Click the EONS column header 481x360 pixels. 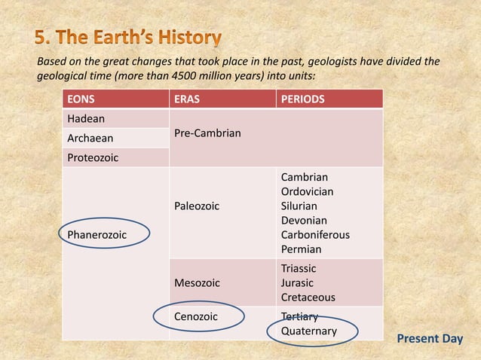[x=82, y=99]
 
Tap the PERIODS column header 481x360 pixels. [x=302, y=99]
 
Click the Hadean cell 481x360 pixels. [x=86, y=119]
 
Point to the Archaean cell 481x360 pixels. [x=90, y=139]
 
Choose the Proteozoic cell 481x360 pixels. [x=93, y=158]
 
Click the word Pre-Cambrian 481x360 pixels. [x=207, y=133]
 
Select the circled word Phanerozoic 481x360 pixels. [x=97, y=235]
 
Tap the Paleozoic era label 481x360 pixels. [x=197, y=206]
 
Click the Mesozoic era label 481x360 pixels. [x=197, y=283]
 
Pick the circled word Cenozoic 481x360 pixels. [x=196, y=316]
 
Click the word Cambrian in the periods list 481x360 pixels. [x=305, y=177]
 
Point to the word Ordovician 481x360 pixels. [x=307, y=191]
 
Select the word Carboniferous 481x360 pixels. [x=315, y=234]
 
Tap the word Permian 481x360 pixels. [x=301, y=249]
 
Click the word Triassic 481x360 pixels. [x=299, y=269]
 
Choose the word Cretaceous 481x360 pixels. [x=308, y=297]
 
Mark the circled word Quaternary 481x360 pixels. [x=309, y=331]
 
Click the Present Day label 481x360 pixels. [x=430, y=339]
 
